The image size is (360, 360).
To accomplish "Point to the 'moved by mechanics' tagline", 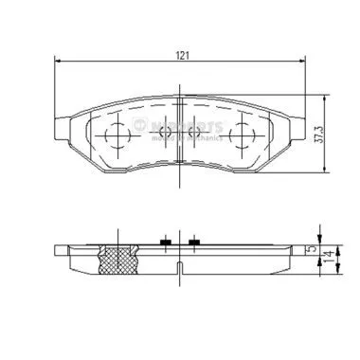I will coord(186,137).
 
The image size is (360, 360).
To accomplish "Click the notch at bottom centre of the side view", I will coord(179,269).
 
